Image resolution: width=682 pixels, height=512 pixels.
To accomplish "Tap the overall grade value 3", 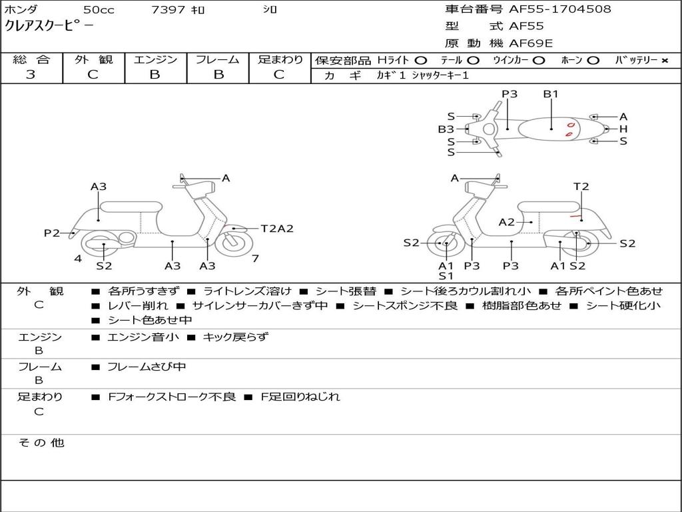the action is click(31, 74).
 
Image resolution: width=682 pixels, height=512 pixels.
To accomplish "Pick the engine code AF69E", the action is click(531, 43).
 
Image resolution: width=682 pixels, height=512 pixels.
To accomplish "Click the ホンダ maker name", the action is click(21, 10).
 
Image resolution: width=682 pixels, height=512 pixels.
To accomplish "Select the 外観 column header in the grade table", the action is click(93, 59).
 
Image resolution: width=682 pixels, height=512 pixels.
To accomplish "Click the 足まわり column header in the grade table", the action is click(280, 59).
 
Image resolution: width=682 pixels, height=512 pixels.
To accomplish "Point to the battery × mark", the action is click(664, 60).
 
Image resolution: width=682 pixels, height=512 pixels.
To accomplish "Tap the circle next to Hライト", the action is click(420, 60).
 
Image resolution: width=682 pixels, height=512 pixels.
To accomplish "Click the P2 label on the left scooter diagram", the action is click(52, 233).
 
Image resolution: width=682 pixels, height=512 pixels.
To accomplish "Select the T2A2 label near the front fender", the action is click(276, 229).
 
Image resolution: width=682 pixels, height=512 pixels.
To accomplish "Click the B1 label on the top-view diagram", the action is click(551, 94).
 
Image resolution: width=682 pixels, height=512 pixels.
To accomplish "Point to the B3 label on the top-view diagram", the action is click(446, 129).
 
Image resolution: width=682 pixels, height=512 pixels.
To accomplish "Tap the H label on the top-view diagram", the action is click(623, 129).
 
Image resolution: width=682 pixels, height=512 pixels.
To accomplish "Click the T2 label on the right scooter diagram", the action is click(581, 187).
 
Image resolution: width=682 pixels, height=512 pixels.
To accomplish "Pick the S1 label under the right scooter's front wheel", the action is click(446, 275).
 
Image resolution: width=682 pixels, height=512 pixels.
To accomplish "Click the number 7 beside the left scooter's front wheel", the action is click(255, 258).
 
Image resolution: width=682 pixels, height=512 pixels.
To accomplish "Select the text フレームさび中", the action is click(147, 367).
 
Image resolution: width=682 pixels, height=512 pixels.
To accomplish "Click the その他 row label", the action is click(41, 443).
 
